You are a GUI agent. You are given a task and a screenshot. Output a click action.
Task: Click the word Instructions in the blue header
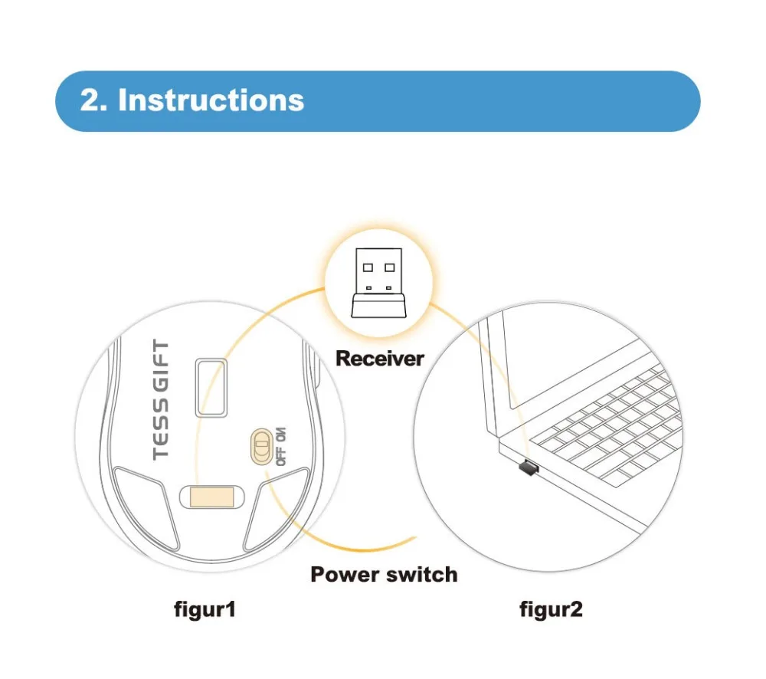tap(211, 101)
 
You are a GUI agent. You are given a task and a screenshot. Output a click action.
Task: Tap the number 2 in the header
tap(89, 101)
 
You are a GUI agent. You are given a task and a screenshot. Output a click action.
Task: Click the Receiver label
tap(379, 358)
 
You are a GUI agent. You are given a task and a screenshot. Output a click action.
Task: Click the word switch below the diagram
tap(423, 574)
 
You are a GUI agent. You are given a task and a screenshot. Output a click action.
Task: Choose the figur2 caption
tap(551, 610)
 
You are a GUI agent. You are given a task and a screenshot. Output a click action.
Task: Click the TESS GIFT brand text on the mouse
tap(161, 400)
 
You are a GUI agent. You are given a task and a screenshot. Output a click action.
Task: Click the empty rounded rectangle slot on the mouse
tap(209, 387)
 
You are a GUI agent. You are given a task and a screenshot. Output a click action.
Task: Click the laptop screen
tap(536, 360)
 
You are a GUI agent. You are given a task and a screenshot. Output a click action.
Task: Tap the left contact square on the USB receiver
tap(368, 268)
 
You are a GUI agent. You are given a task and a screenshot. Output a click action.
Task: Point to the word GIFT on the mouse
tap(161, 367)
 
